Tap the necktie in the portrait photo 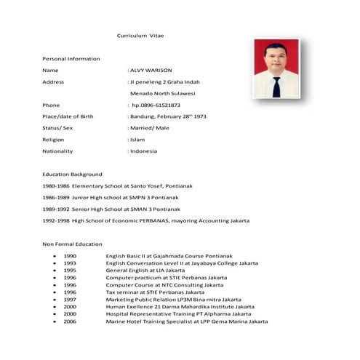coord(276,87)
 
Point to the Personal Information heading coord(71,58)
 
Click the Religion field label coord(54,139)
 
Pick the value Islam coord(137,139)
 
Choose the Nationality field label coord(58,151)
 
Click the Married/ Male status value coord(151,127)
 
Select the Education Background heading coord(72,174)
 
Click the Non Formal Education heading coord(72,244)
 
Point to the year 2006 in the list coord(70,321)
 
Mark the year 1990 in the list coord(70,256)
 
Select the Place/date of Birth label coord(68,116)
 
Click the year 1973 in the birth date coord(199,116)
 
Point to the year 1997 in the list coord(70,299)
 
